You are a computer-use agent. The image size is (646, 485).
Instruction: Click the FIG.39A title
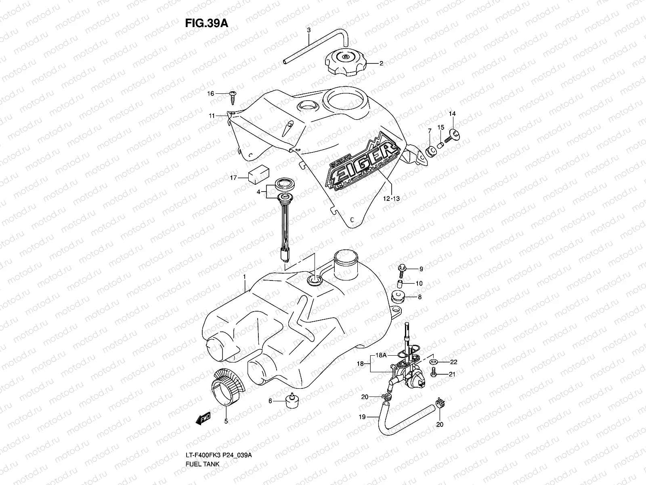[x=207, y=23]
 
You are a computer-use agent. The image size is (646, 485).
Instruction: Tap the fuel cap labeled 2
[x=346, y=63]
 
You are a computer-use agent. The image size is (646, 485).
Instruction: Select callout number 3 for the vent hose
[x=309, y=30]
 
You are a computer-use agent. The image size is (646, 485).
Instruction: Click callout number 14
[x=452, y=114]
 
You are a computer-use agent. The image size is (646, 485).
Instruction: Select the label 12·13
[x=392, y=198]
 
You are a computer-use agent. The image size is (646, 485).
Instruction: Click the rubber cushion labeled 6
[x=291, y=401]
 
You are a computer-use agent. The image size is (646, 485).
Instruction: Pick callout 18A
[x=382, y=355]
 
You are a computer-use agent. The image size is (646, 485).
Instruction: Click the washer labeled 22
[x=434, y=361]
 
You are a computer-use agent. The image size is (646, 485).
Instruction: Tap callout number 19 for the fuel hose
[x=362, y=417]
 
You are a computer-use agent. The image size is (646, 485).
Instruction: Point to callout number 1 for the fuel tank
[x=244, y=276]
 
